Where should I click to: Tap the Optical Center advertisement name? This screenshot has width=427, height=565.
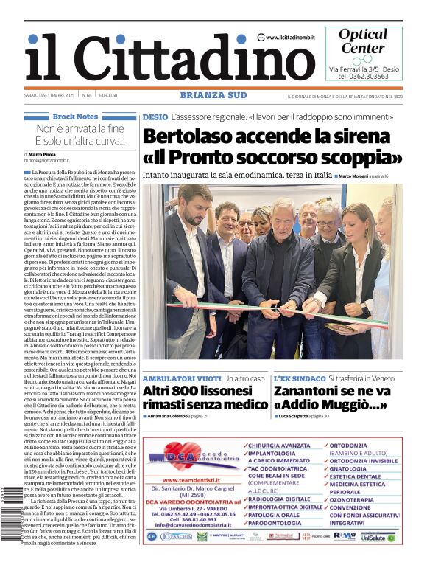[x=363, y=41]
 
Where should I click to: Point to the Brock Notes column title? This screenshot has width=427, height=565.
[x=76, y=117]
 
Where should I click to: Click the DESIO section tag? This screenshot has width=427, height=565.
[x=155, y=117]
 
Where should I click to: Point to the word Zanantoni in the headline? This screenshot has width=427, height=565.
[x=314, y=391]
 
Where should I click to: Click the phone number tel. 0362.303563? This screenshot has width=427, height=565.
[x=364, y=76]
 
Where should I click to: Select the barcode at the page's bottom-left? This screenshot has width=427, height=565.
[x=16, y=532]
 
